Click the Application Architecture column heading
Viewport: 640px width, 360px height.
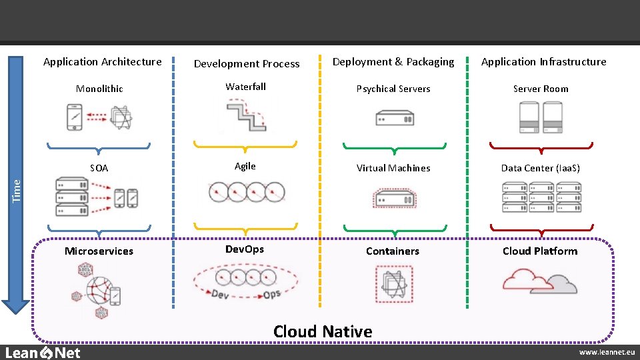click(x=102, y=62)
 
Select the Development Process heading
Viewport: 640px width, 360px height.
click(x=247, y=64)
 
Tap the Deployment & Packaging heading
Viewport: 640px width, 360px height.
click(x=393, y=62)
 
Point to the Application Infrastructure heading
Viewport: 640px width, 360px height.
click(x=543, y=62)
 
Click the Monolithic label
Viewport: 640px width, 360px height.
click(x=99, y=89)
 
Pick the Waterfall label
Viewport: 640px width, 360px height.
click(x=245, y=87)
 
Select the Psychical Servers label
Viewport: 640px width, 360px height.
click(x=393, y=89)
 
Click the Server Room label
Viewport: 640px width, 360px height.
click(x=541, y=89)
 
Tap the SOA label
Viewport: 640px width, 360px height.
click(x=99, y=169)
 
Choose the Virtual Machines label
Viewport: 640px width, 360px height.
click(x=393, y=168)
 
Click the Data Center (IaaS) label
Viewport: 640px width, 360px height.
click(x=541, y=168)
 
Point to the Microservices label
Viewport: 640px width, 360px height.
click(x=99, y=251)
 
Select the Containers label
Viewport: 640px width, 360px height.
click(x=393, y=251)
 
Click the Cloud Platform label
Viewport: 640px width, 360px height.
click(x=540, y=251)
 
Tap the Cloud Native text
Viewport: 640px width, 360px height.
click(x=323, y=331)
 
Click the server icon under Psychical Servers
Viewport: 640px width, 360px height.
click(x=394, y=119)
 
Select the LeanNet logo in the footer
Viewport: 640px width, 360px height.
click(x=43, y=353)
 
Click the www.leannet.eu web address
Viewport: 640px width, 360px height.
click(x=606, y=352)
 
